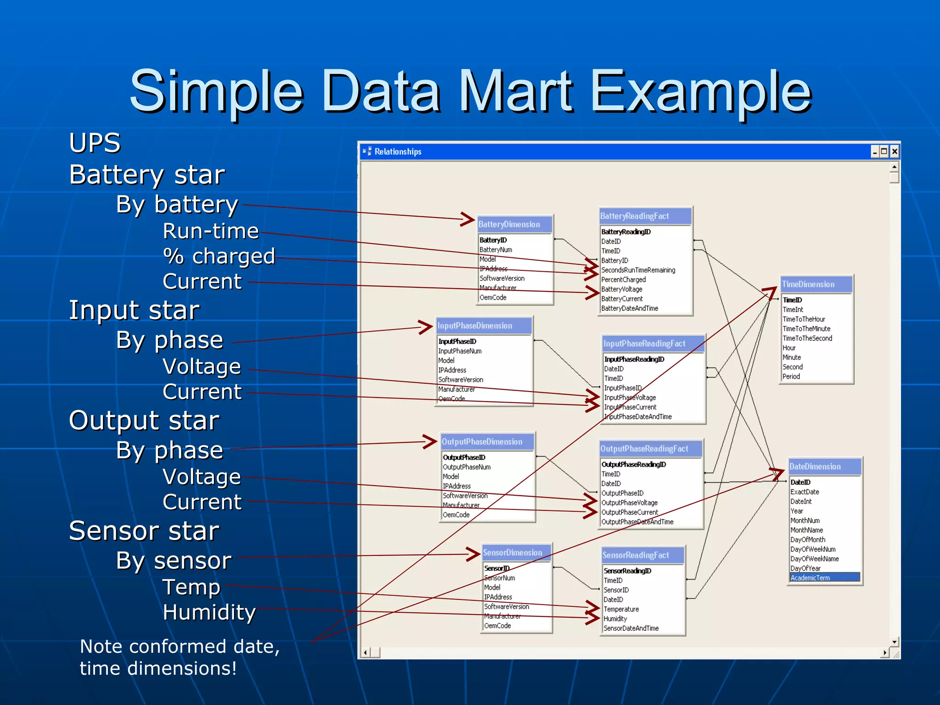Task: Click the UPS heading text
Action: point(95,143)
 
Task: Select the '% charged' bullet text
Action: point(219,256)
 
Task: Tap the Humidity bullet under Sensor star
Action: point(209,612)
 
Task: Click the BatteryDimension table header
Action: point(509,224)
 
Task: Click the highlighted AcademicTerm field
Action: point(810,578)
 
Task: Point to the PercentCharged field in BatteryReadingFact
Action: point(623,280)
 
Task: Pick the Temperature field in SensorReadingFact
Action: point(621,609)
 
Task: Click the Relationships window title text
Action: point(397,151)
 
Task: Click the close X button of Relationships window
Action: point(894,151)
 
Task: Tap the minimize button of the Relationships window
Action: point(875,151)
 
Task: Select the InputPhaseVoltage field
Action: point(630,397)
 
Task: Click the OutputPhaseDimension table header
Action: point(482,442)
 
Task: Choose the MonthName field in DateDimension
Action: point(806,530)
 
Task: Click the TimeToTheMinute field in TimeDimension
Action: point(806,329)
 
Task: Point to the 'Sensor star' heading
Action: point(144,531)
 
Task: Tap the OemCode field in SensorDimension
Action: point(498,626)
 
